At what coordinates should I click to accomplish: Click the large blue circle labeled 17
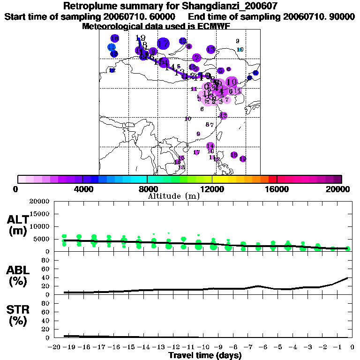pos(163,44)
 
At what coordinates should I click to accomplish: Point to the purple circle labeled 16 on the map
pos(114,38)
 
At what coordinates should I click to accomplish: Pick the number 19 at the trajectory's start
pos(140,38)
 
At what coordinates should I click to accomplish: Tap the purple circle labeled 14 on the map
pos(210,146)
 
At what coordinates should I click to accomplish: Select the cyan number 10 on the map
pos(240,49)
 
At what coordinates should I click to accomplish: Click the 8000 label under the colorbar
pos(147,189)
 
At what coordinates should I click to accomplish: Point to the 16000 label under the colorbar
pos(277,189)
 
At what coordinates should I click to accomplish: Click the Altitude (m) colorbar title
pos(173,196)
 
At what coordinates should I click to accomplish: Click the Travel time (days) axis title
pos(205,356)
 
